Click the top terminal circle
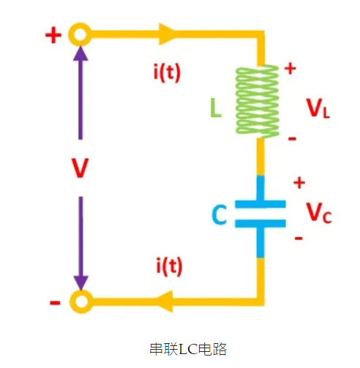(x=80, y=34)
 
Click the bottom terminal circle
(x=80, y=300)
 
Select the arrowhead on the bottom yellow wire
(x=167, y=300)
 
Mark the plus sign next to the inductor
(x=290, y=69)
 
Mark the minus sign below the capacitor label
(x=298, y=239)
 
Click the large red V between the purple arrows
(x=80, y=168)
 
